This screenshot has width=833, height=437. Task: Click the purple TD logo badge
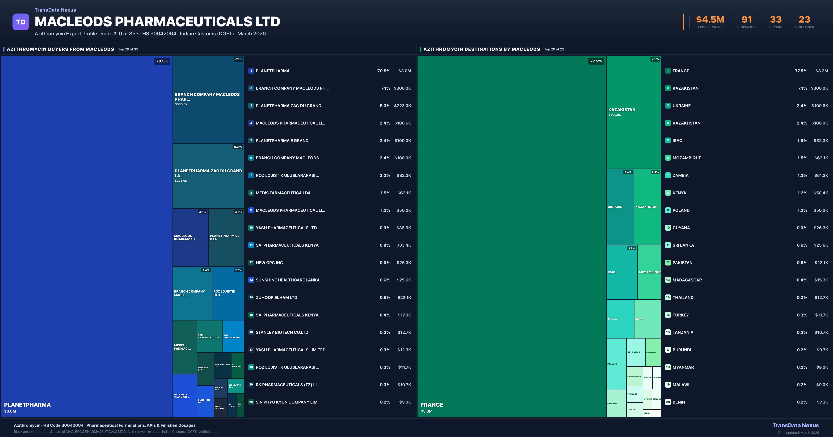coord(21,22)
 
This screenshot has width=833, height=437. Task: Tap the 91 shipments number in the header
coord(746,20)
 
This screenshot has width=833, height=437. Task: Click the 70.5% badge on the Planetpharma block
coord(162,61)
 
